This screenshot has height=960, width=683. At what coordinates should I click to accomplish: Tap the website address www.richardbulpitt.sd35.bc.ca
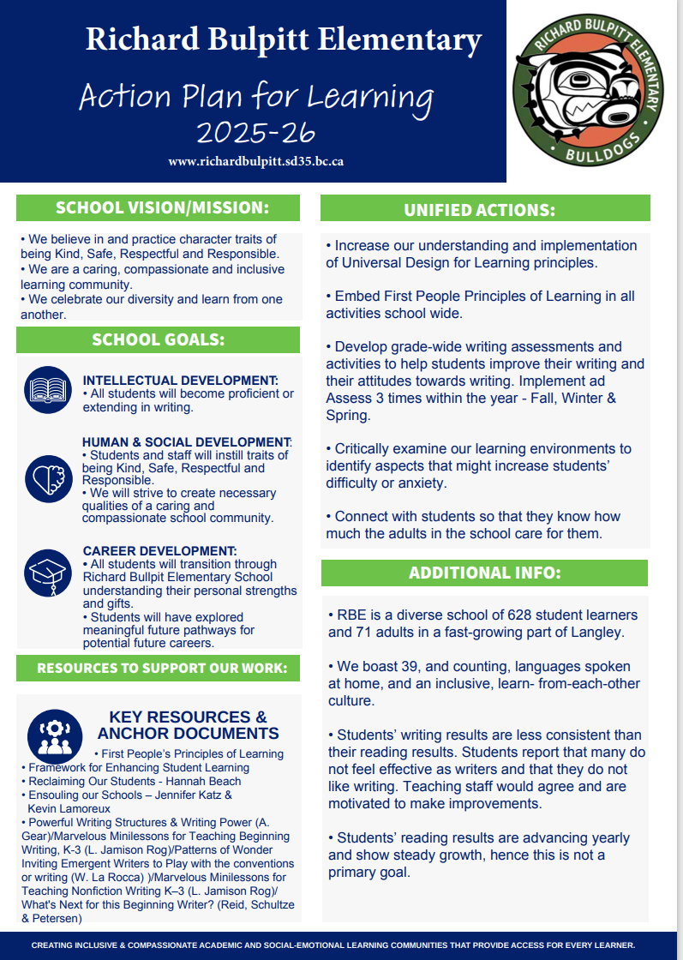256,161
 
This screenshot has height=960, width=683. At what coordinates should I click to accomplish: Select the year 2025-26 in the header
255,132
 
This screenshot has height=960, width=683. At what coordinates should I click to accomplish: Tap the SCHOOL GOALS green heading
159,339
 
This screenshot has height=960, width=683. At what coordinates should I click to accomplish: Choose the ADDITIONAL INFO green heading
484,573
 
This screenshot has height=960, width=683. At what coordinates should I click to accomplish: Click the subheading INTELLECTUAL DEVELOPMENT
180,380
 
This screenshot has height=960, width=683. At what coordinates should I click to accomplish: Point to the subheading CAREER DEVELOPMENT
159,550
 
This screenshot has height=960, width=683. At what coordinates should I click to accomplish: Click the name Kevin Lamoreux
69,807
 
